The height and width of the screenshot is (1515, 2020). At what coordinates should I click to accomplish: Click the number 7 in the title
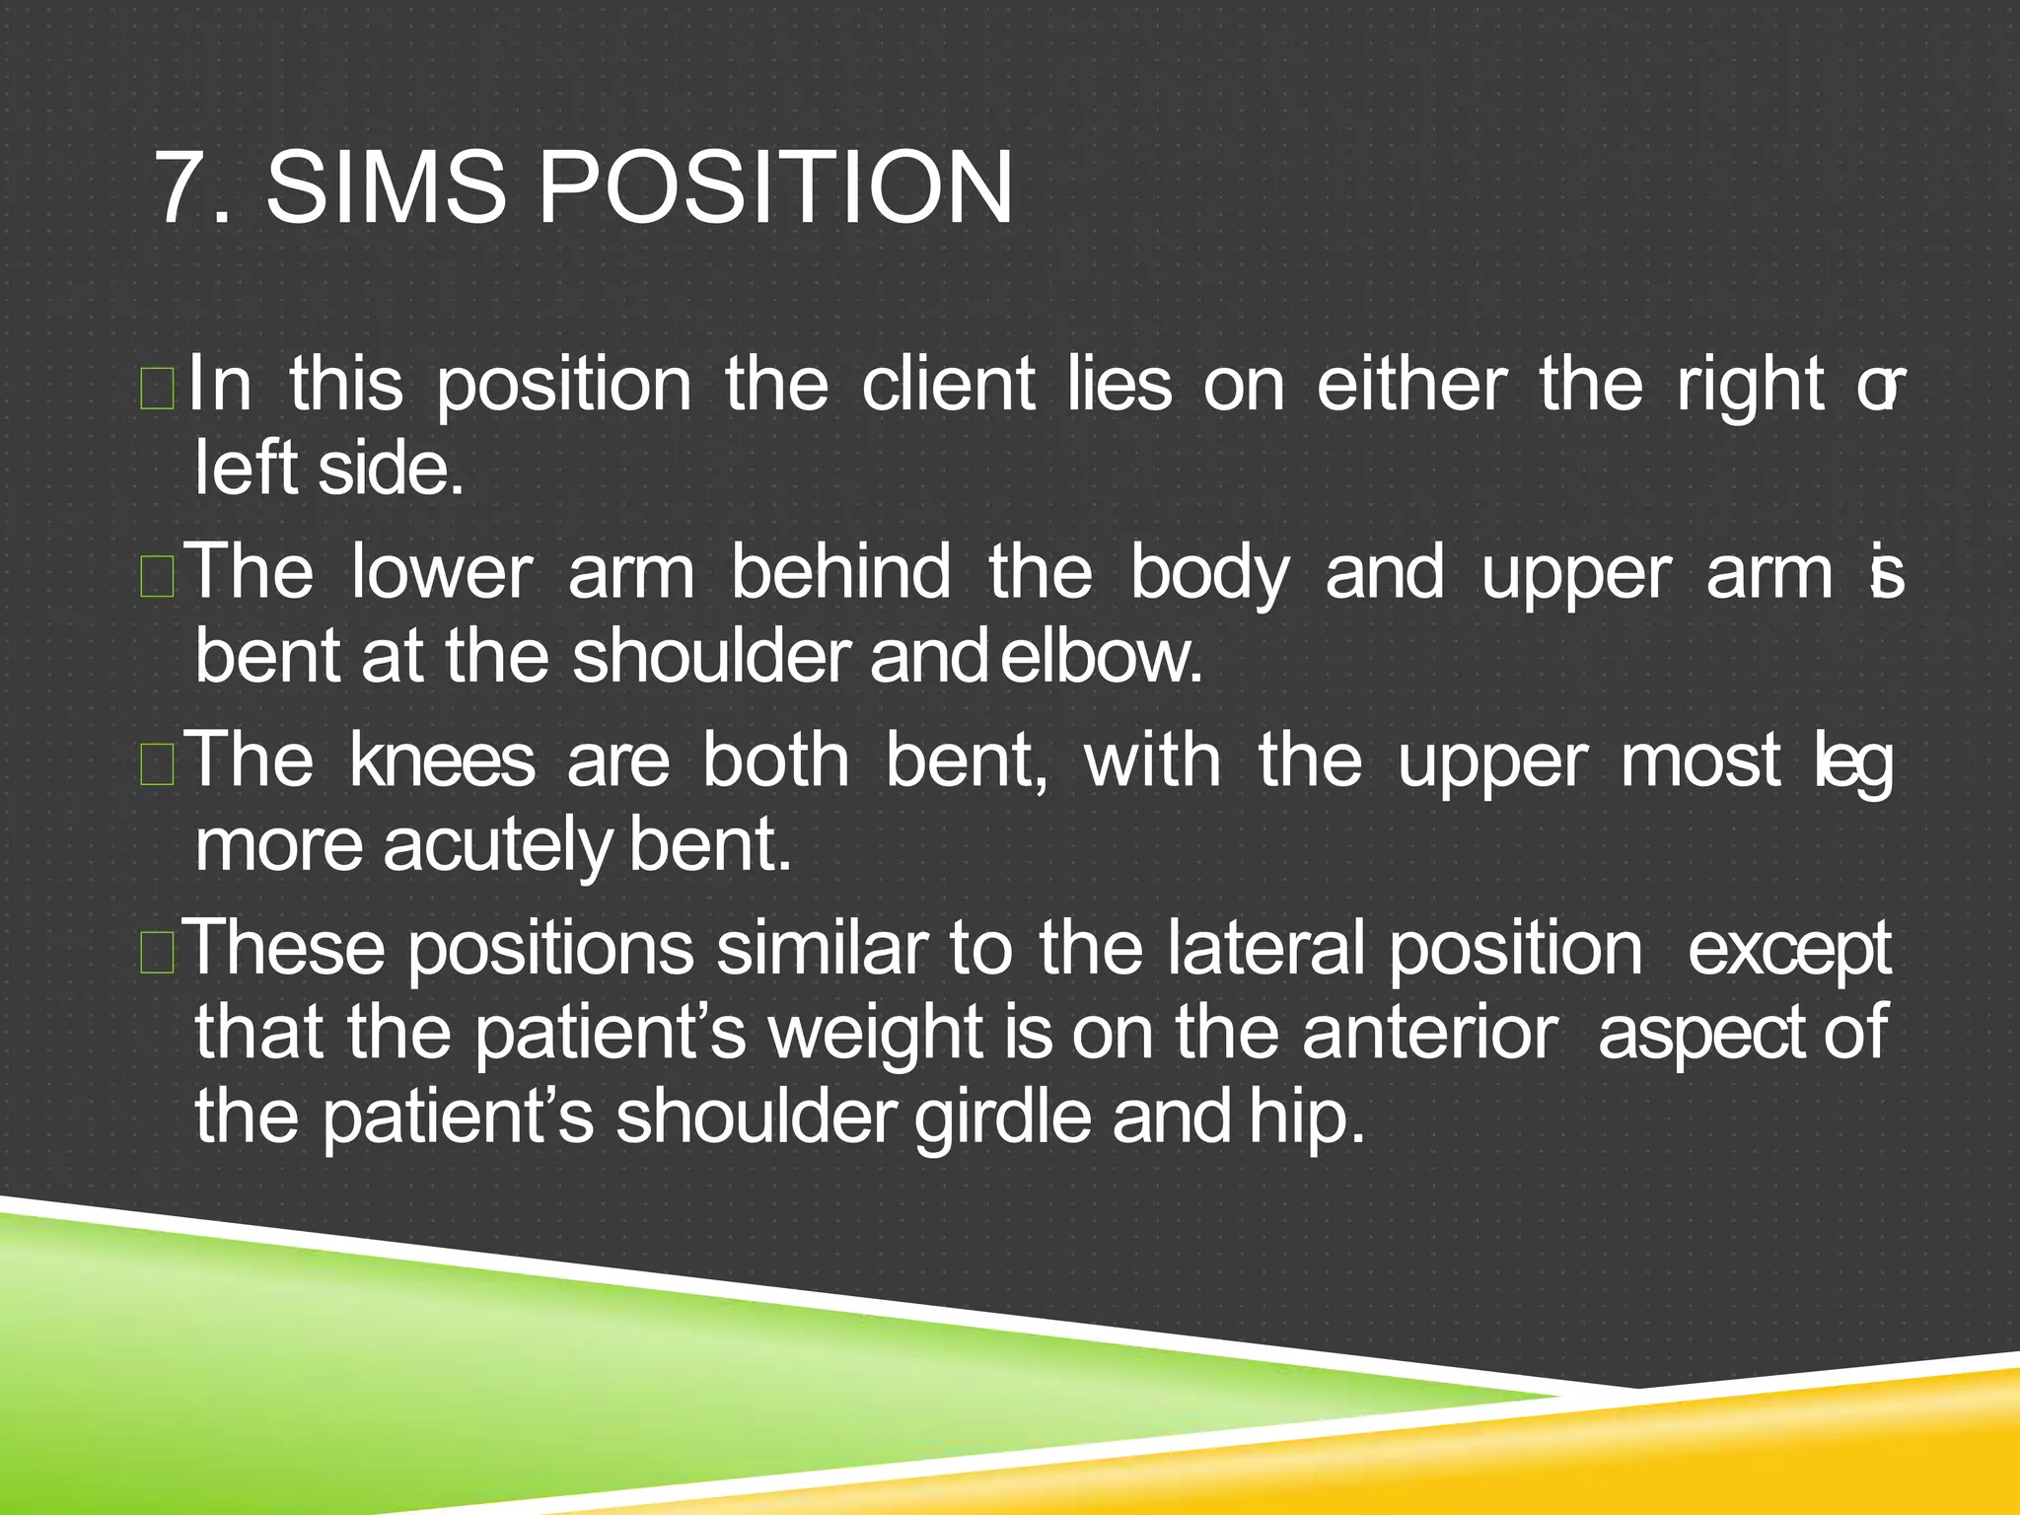[x=180, y=188]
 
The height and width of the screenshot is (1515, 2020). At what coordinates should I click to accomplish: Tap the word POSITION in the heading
[x=774, y=188]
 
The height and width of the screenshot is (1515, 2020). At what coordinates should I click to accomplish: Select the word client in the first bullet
[x=948, y=385]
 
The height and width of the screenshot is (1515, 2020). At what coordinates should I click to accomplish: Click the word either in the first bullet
[x=1411, y=385]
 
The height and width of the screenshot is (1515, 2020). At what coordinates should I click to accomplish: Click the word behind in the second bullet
[x=840, y=573]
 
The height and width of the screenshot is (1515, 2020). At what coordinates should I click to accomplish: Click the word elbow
[x=1102, y=657]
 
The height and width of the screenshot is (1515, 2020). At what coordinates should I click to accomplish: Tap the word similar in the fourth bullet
[x=822, y=949]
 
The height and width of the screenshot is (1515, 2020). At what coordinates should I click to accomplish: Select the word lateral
[x=1266, y=949]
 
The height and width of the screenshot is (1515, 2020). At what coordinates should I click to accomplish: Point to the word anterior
[x=1430, y=1033]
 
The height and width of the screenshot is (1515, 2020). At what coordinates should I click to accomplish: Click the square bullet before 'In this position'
[x=158, y=391]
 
